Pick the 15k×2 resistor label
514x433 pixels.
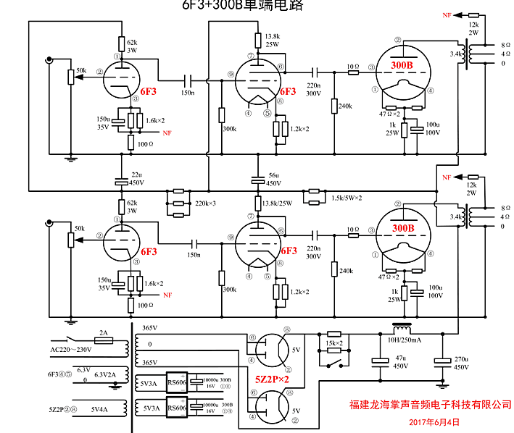(333, 342)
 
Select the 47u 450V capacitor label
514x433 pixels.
(399, 362)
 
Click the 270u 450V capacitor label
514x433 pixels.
(461, 362)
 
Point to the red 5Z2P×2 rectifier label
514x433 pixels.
(272, 379)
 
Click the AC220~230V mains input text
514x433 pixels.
(71, 350)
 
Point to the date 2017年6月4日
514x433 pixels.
(434, 421)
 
